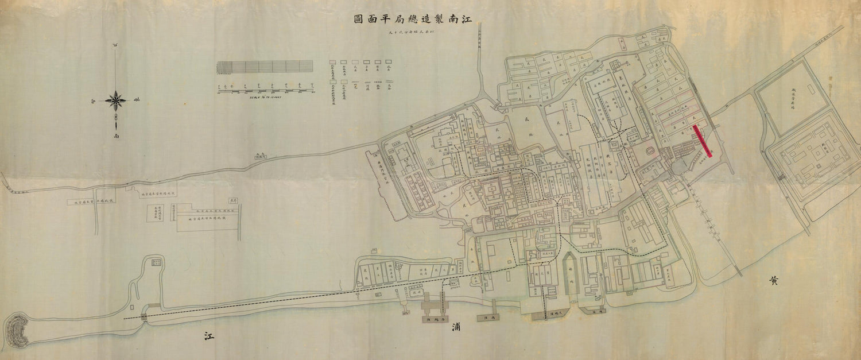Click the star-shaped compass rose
coord(116,100)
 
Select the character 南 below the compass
coord(116,137)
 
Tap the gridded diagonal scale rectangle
coord(265,67)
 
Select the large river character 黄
coord(774,281)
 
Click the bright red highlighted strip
coord(703,141)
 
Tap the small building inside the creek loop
coord(156,263)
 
